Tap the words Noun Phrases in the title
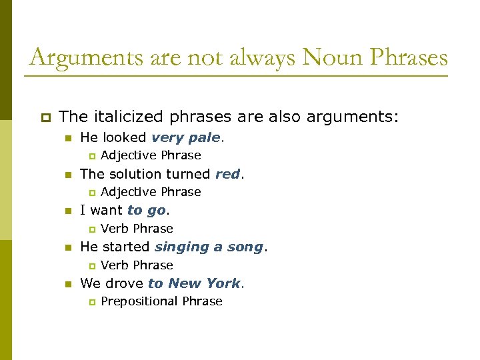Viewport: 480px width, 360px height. (x=375, y=58)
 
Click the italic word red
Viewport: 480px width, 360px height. (x=227, y=175)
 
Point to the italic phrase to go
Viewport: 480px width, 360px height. (x=147, y=211)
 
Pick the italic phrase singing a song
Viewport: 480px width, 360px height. (x=209, y=247)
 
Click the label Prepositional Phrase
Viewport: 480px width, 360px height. (x=161, y=301)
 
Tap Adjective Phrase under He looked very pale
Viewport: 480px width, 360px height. (x=151, y=155)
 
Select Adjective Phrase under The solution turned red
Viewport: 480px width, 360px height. (x=151, y=192)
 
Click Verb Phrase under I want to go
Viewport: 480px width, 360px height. (x=137, y=229)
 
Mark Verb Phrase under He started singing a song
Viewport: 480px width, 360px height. (x=137, y=265)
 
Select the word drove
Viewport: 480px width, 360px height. (x=125, y=283)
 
